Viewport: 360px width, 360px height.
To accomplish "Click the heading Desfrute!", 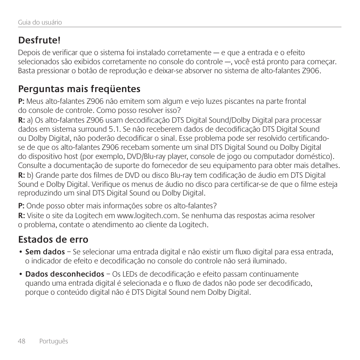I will (x=39, y=40).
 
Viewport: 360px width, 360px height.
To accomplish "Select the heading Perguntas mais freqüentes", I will (x=79, y=89).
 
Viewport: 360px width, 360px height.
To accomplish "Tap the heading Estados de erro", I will (x=53, y=240).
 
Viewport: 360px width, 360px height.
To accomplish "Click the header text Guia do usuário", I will (x=40, y=22).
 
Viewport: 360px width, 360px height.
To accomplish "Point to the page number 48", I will (x=22, y=341).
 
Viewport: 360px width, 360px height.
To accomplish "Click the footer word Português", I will (x=54, y=341).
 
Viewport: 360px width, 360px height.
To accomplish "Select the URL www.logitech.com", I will (x=147, y=215).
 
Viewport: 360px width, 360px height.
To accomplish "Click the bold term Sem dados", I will (x=45, y=252).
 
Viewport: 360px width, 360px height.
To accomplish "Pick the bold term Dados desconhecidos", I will (x=65, y=274).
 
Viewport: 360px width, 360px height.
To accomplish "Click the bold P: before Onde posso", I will (x=22, y=206).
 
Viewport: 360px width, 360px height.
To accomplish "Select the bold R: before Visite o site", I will (x=22, y=215).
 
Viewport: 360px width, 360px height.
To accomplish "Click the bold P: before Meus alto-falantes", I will (x=22, y=101).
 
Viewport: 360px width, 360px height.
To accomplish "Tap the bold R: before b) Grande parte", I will (x=22, y=175).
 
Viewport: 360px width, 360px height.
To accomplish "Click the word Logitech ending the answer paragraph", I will (x=194, y=225).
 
